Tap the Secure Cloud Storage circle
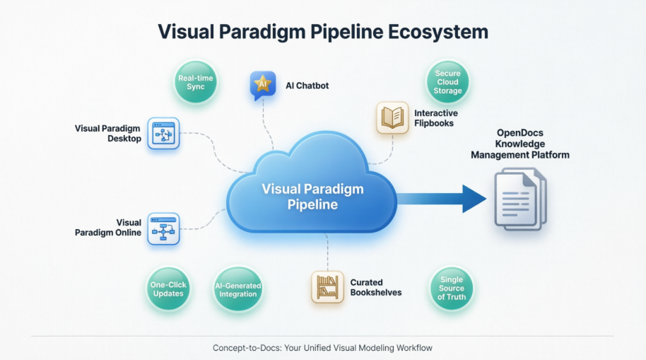pos(448,82)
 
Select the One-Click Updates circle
pos(168,289)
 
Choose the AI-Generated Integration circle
pos(237,289)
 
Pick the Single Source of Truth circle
pos(452,289)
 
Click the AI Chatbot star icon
pos(263,85)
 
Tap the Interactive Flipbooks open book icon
pos(392,117)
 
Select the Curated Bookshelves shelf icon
pos(327,287)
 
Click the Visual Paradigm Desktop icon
pos(164,134)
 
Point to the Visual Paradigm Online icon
pos(164,228)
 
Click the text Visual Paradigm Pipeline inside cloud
pos(312,197)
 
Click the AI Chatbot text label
pos(307,86)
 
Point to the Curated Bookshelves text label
pos(376,287)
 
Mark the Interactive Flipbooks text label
pos(435,118)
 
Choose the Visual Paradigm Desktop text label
pos(107,134)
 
